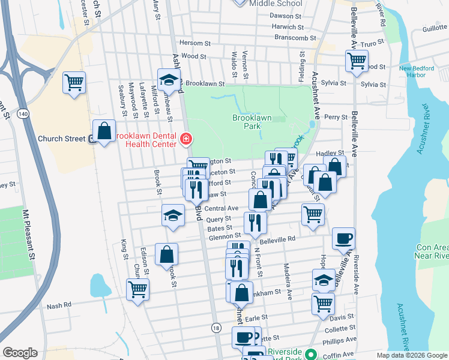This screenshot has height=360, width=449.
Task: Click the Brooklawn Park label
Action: (252, 122)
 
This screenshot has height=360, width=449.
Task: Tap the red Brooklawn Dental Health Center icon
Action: (186, 140)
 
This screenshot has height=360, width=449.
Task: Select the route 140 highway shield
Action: (23, 113)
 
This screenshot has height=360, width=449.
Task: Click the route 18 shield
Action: (215, 328)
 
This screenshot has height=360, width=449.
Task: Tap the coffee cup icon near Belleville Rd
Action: (343, 238)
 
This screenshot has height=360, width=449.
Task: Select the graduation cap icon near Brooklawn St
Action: (169, 79)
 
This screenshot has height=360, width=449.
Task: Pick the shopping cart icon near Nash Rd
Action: (138, 290)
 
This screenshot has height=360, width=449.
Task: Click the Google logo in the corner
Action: (20, 353)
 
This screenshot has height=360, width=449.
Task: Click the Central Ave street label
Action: (221, 208)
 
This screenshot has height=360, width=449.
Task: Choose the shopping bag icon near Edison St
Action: (166, 254)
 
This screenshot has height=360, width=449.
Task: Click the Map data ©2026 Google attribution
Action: (411, 355)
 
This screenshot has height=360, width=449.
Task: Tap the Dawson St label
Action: (285, 16)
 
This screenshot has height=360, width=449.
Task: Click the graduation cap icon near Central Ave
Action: (173, 215)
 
